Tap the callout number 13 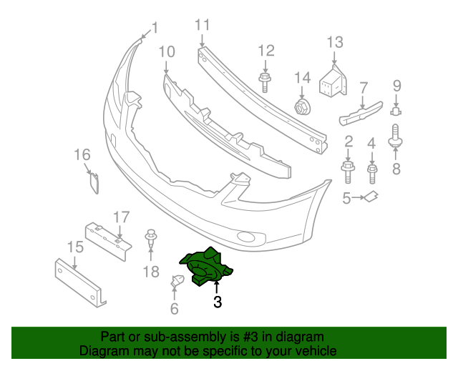tap(335, 42)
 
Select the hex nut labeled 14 tap(302, 107)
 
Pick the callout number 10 tap(166, 51)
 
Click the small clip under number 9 tap(396, 110)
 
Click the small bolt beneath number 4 tap(372, 172)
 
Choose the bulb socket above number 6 tap(176, 283)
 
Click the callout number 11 tap(203, 25)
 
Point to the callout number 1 tap(155, 28)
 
